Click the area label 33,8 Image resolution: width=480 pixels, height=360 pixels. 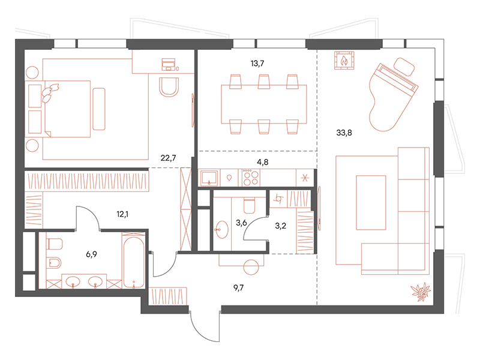click(x=344, y=133)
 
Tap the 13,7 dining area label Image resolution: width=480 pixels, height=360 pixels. click(x=257, y=64)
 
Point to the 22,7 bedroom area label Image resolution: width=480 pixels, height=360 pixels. click(x=168, y=158)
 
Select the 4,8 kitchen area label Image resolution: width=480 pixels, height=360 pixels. click(x=262, y=162)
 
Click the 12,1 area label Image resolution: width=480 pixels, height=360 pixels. click(x=122, y=214)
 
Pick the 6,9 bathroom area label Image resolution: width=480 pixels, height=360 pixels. click(x=91, y=254)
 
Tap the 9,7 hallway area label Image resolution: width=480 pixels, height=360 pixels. click(x=238, y=288)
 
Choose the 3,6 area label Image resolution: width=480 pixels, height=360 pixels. click(x=241, y=223)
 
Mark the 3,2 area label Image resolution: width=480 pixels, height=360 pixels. click(x=280, y=226)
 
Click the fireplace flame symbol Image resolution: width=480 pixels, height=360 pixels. click(x=344, y=61)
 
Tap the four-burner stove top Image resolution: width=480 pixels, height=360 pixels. click(x=250, y=178)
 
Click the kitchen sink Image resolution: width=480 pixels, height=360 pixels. click(x=209, y=178)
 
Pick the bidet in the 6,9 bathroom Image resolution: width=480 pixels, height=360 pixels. click(x=55, y=262)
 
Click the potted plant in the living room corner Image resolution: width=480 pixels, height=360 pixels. click(x=421, y=292)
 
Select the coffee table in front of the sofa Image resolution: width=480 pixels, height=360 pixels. click(x=371, y=202)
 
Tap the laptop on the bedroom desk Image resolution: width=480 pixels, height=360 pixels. click(x=169, y=64)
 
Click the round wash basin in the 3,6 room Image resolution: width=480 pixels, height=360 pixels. click(x=221, y=230)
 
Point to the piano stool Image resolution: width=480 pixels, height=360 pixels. click(x=404, y=67)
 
